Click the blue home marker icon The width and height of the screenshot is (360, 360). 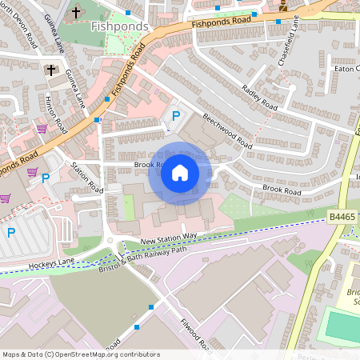tap(180, 173)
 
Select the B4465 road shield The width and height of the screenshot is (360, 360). tap(342, 216)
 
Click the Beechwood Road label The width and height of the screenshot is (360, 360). tap(227, 131)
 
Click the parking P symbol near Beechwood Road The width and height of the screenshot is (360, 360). tap(175, 117)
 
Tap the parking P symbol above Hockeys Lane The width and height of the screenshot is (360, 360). tap(11, 233)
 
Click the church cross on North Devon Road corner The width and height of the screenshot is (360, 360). tap(51, 70)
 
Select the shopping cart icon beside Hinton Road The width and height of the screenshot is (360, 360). tap(42, 128)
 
